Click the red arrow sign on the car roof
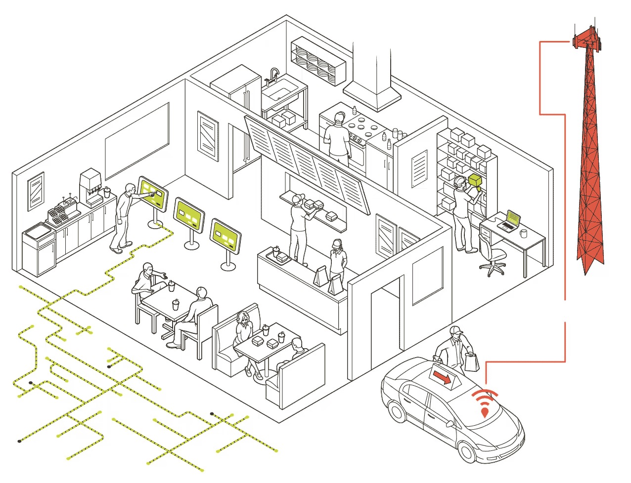pyautogui.click(x=443, y=377)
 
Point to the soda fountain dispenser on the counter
pyautogui.click(x=91, y=187)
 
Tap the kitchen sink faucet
pyautogui.click(x=273, y=76)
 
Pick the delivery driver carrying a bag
pyautogui.click(x=453, y=349)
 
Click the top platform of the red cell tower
pyautogui.click(x=586, y=39)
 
